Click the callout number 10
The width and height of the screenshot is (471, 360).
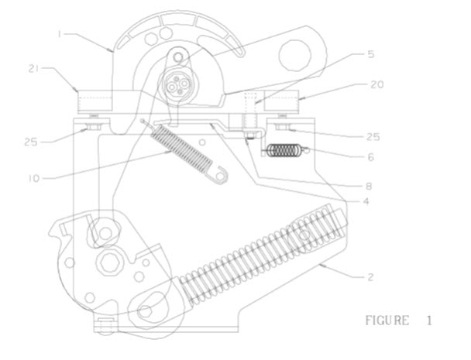click(x=33, y=177)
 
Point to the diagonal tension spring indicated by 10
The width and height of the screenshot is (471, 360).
click(x=181, y=149)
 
